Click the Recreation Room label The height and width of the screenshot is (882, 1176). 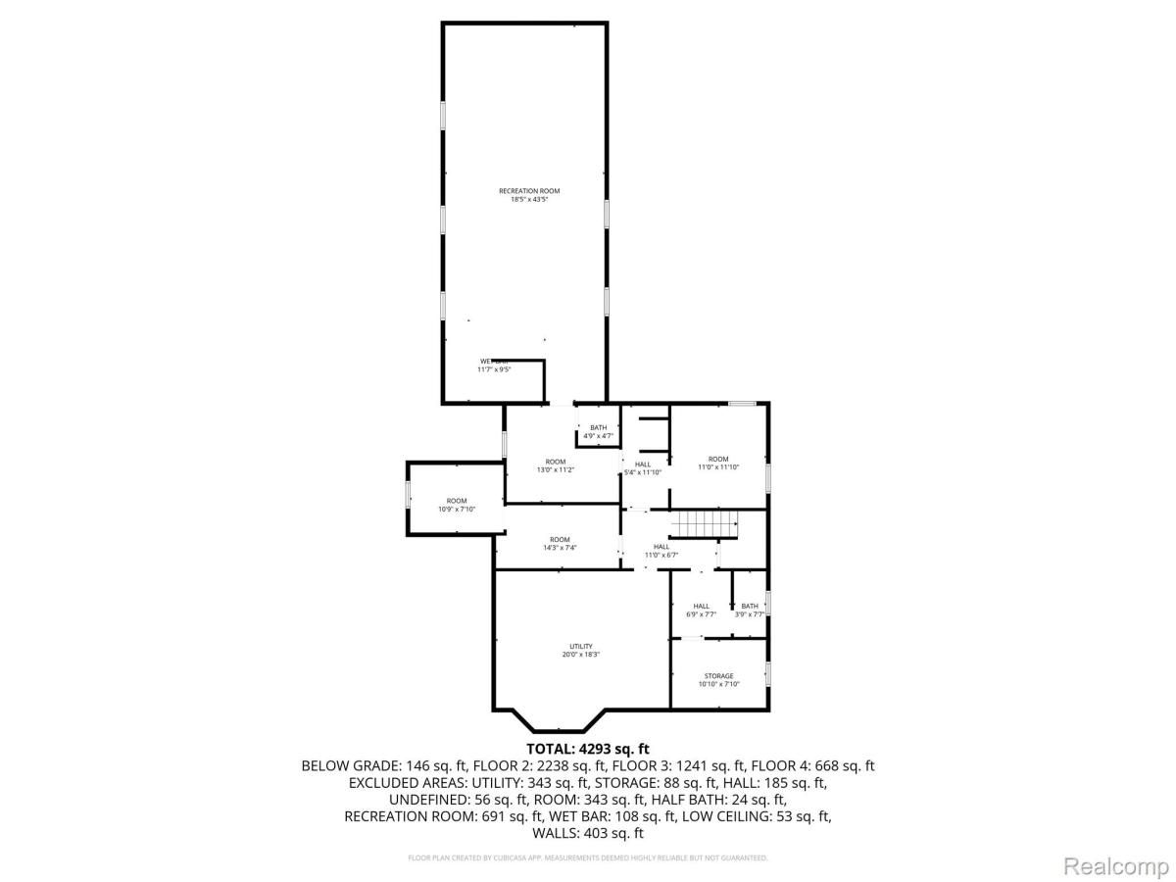click(x=522, y=191)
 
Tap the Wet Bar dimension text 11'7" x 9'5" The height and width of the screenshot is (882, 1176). click(x=495, y=369)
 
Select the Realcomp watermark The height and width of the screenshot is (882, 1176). click(x=1116, y=865)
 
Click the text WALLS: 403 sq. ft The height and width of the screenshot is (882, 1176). click(x=588, y=833)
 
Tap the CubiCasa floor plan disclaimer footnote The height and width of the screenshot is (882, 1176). click(x=588, y=857)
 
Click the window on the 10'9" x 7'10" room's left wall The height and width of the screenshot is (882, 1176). click(x=409, y=495)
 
